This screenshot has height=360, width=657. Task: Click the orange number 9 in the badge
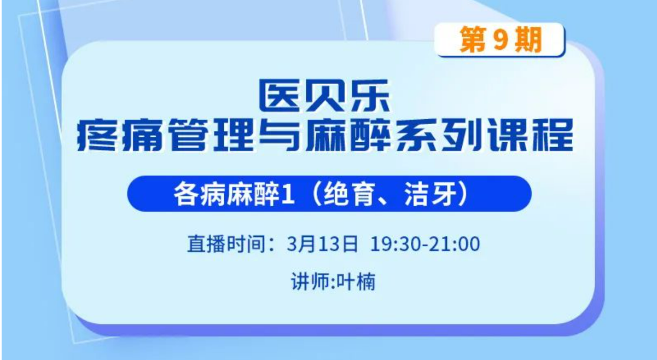click(500, 40)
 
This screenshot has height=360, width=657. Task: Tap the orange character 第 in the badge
click(472, 40)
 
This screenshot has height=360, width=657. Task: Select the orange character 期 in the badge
click(528, 40)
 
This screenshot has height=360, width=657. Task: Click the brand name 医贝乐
click(324, 96)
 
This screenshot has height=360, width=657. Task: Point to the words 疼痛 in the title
click(120, 135)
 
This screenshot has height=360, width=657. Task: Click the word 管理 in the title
click(212, 135)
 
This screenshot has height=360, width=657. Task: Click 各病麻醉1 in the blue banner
click(234, 194)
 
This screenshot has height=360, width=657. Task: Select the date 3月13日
click(322, 243)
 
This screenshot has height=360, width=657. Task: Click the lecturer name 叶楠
click(356, 282)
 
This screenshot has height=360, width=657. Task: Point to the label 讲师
click(310, 282)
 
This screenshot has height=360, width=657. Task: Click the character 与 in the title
click(279, 135)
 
